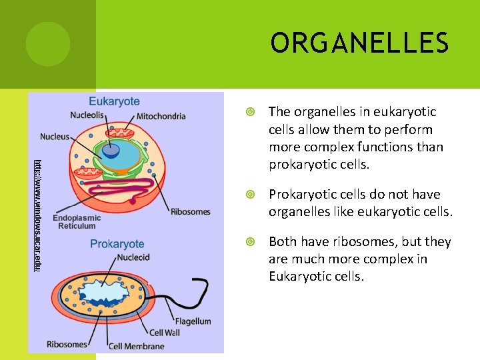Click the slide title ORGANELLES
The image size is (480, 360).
tap(359, 43)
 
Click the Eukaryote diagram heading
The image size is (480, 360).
tap(114, 101)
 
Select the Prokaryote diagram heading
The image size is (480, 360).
tap(117, 244)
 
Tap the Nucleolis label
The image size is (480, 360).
tap(87, 115)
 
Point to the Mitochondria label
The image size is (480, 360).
tap(161, 116)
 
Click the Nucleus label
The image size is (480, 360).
tap(55, 137)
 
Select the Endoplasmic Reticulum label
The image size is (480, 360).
tap(77, 222)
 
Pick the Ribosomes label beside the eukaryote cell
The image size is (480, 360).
tap(190, 212)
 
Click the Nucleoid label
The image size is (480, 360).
tap(133, 257)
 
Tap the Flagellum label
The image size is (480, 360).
tap(193, 321)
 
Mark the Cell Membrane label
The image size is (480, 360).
tap(136, 346)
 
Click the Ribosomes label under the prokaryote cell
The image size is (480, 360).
tap(67, 345)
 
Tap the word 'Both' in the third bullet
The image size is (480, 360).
tap(283, 242)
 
